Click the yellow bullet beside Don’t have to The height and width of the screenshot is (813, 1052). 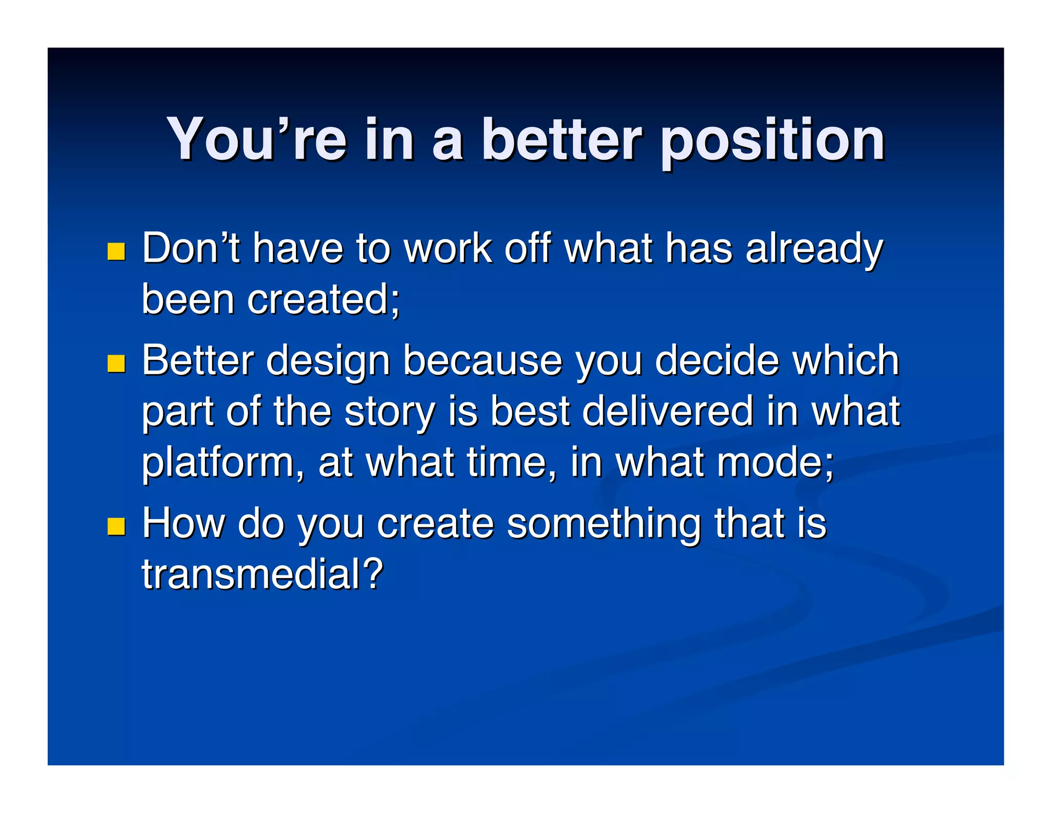tap(117, 251)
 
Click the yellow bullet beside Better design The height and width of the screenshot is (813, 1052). tap(117, 363)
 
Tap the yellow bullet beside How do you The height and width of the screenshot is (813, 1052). tap(117, 526)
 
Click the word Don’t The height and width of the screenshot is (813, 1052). tap(191, 248)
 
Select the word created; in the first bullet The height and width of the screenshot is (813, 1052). tap(323, 299)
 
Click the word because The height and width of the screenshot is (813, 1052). tap(482, 360)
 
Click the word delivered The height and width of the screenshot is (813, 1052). tap(667, 411)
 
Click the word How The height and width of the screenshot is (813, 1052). tap(183, 523)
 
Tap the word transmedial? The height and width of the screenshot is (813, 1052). tap(262, 574)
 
